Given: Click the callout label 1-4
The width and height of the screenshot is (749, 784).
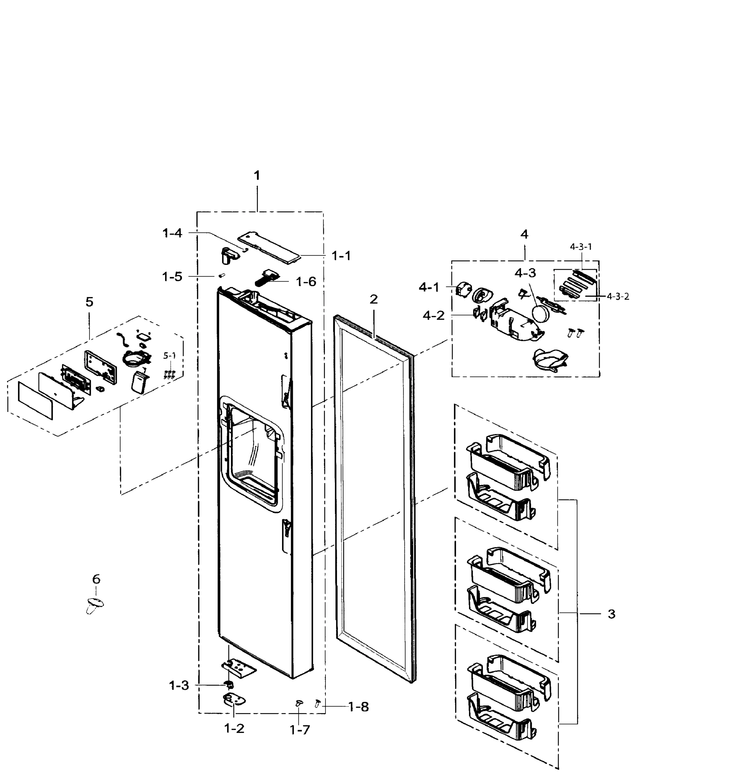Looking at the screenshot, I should [173, 233].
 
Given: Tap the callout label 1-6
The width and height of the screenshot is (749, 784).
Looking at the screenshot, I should [306, 282].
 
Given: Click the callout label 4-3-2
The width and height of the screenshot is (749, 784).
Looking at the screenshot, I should [618, 297].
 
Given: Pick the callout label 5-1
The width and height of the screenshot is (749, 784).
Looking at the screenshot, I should [169, 356].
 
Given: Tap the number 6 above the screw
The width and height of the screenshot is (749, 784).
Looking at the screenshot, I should [96, 579].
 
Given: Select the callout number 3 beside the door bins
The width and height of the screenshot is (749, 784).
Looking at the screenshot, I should [611, 614].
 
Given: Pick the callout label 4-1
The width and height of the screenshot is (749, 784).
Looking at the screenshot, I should [429, 287].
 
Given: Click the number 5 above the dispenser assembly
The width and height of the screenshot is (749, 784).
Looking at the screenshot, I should [90, 302].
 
